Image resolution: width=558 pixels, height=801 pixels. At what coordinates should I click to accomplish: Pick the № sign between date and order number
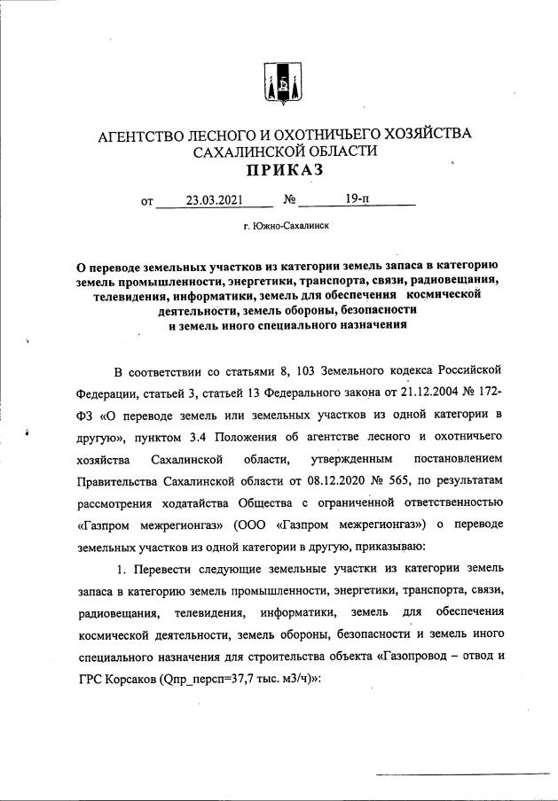pos(289,201)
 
